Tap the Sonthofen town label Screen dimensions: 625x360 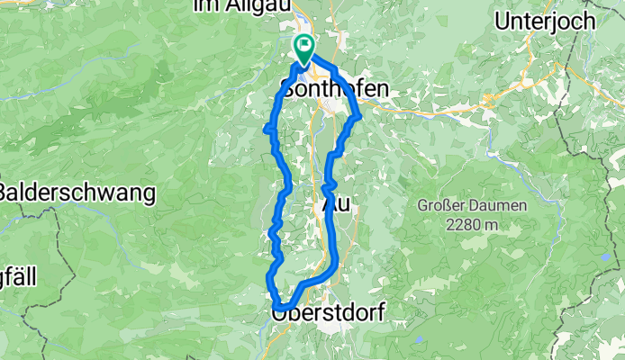335,89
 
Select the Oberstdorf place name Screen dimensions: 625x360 328,314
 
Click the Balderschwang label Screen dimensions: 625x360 77,193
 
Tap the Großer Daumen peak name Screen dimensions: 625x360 472,205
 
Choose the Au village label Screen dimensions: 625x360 335,205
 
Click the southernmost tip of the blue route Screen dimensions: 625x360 278,307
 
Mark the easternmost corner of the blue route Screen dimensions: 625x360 359,114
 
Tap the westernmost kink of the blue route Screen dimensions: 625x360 265,130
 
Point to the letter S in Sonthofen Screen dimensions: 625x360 288,89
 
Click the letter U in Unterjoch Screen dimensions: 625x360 502,20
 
